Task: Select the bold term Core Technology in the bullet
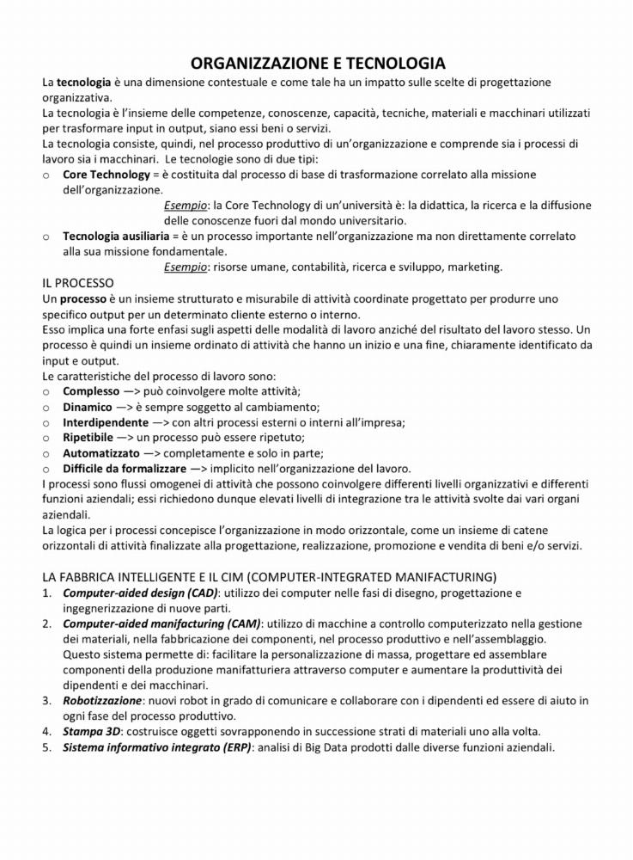click(107, 175)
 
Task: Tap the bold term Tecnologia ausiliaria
click(115, 236)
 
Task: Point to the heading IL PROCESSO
click(77, 283)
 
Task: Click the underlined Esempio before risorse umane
click(186, 267)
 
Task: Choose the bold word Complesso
click(92, 391)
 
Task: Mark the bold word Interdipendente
click(106, 422)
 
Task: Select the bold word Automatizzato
click(100, 453)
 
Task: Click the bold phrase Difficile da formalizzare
click(124, 469)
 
